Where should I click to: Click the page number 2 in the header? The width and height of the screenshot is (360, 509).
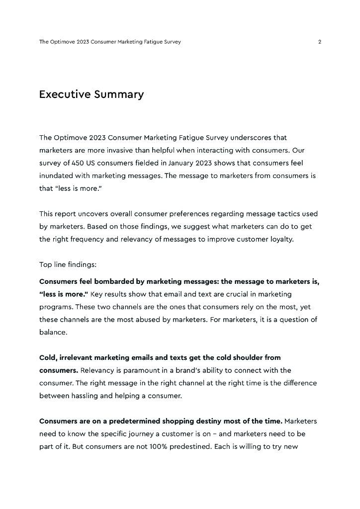point(319,42)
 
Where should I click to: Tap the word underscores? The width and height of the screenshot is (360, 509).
point(252,137)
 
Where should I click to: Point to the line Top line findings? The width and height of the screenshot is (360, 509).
point(64,264)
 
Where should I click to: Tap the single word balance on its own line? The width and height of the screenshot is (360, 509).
point(53,332)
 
